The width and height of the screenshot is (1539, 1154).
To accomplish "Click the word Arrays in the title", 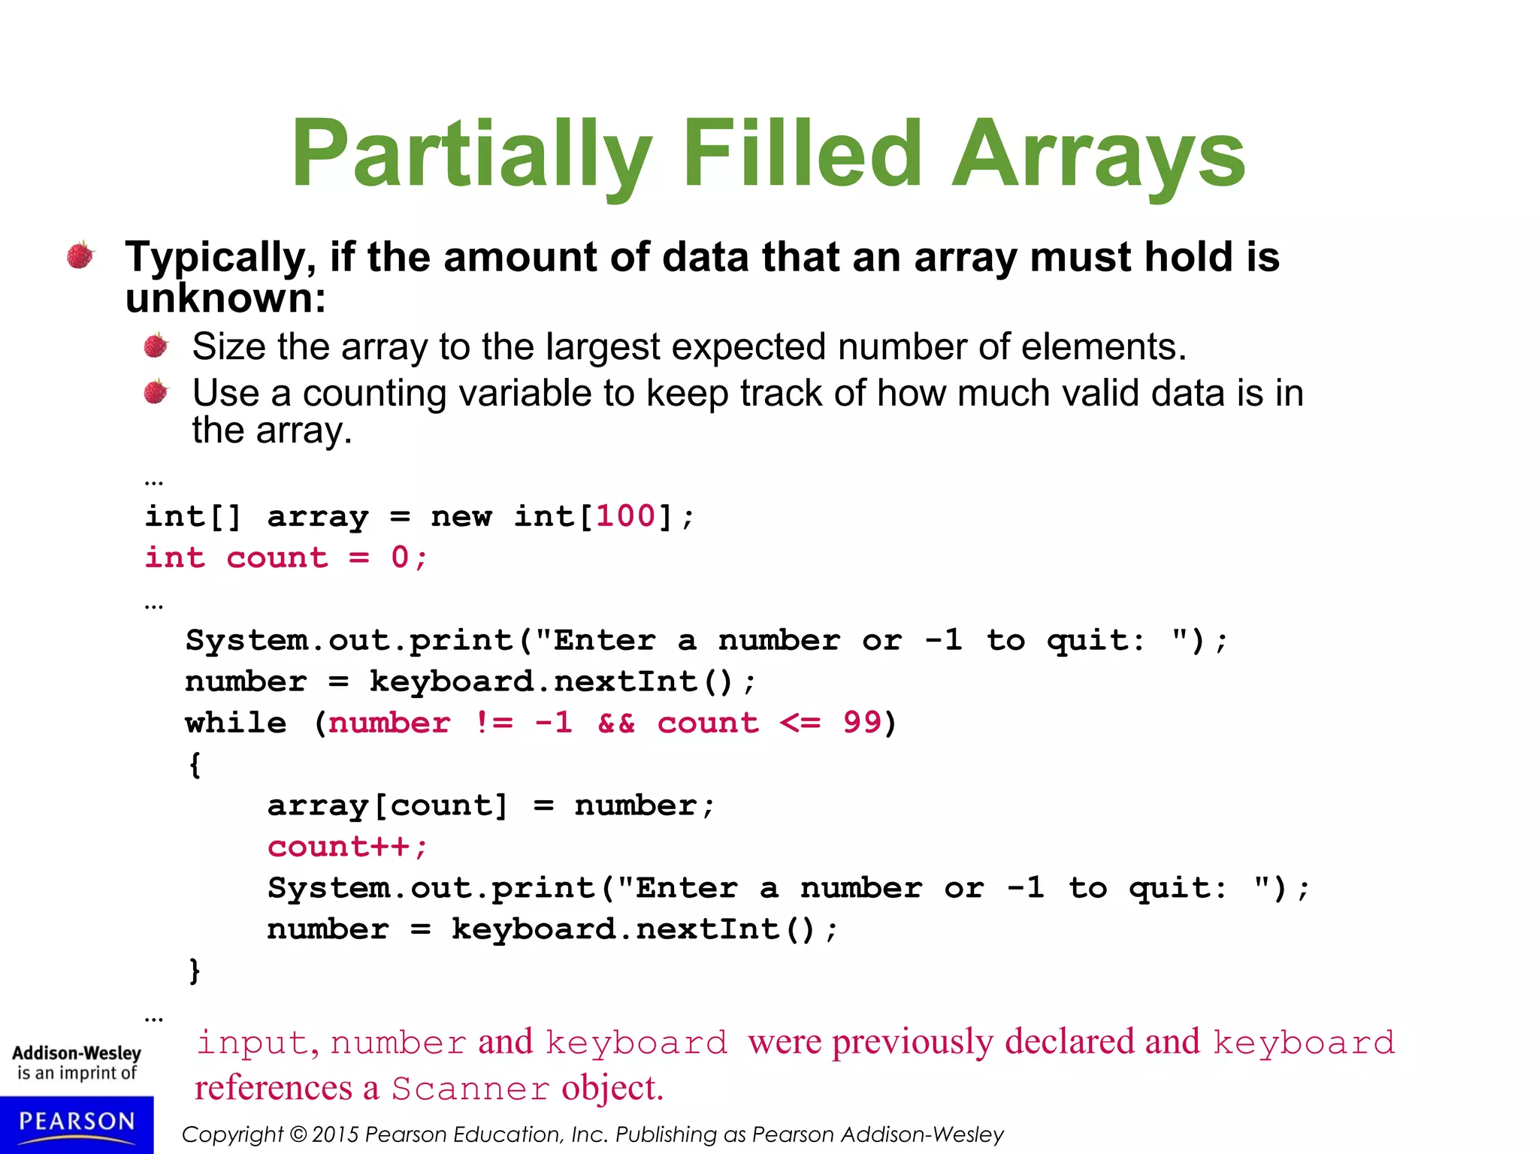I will (1098, 154).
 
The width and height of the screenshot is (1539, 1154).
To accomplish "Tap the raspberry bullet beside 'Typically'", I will (80, 255).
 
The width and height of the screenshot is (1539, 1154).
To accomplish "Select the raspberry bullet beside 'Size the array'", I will (156, 346).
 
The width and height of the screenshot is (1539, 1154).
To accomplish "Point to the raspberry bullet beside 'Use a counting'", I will (156, 391).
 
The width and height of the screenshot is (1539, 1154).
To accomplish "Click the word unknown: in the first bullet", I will (225, 298).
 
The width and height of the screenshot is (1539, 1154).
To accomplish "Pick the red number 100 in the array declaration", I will (626, 516).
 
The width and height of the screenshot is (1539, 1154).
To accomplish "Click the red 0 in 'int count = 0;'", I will (400, 557).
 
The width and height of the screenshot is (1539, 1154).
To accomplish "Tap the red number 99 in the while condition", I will (861, 723).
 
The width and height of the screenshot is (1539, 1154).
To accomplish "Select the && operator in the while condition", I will (616, 723).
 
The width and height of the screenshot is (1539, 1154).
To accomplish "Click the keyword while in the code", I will (236, 723).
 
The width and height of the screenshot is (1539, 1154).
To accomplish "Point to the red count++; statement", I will (348, 847).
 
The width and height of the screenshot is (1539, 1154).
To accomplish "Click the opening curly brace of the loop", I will (195, 765).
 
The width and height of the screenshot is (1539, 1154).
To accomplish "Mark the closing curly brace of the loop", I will (195, 971).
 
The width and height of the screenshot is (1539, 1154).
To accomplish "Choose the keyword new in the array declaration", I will (461, 516).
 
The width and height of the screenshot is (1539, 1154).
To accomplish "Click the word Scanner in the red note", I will (470, 1089).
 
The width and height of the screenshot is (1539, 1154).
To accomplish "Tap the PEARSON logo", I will (77, 1122).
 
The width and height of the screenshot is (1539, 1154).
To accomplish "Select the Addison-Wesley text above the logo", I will (77, 1053).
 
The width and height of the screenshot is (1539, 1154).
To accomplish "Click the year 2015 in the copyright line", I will (336, 1134).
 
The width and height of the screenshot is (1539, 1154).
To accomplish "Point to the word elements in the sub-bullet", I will (1103, 347).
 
